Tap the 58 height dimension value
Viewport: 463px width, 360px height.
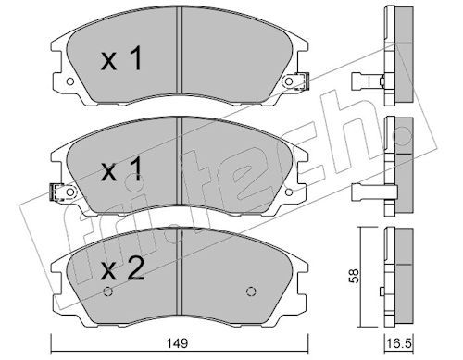pyautogui.click(x=355, y=275)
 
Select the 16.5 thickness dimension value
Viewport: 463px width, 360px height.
pyautogui.click(x=399, y=343)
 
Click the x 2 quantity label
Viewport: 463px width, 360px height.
pyautogui.click(x=122, y=269)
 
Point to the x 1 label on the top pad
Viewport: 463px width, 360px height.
pyautogui.click(x=121, y=58)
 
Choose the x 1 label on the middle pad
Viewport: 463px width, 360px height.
pyautogui.click(x=121, y=168)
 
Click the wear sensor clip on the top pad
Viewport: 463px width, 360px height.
pyautogui.click(x=302, y=81)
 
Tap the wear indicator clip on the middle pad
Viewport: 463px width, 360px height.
pyautogui.click(x=57, y=192)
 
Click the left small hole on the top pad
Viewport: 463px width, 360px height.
pyautogui.click(x=70, y=81)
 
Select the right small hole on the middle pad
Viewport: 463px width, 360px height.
pyautogui.click(x=289, y=192)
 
